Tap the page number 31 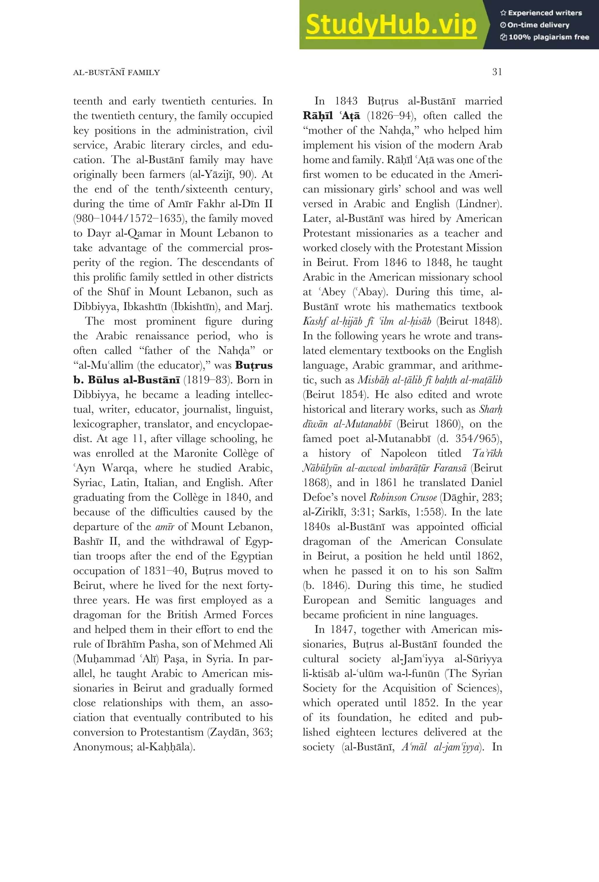point(497,72)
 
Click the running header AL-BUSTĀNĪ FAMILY point(116,73)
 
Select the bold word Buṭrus point(254,365)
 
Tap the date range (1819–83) point(207,380)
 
